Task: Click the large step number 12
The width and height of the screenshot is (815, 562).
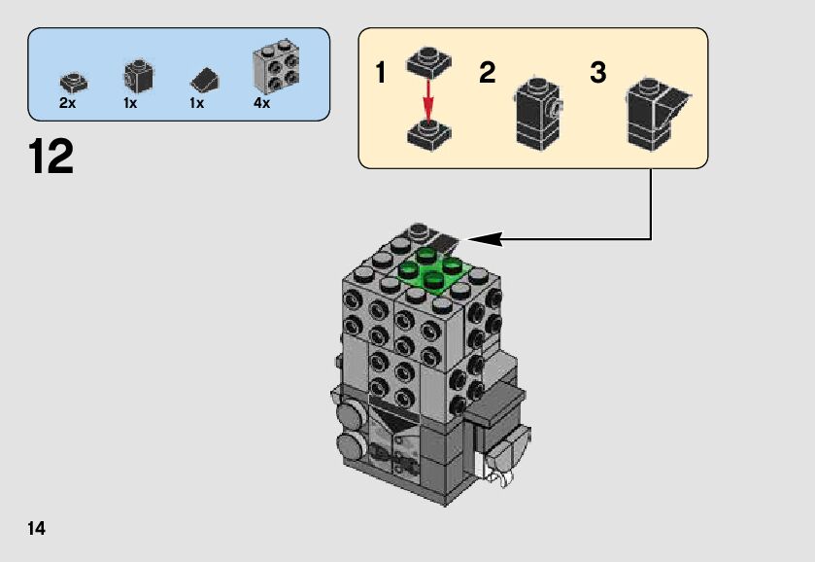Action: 51,157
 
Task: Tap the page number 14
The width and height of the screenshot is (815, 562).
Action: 36,528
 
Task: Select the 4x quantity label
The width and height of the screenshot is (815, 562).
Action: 262,103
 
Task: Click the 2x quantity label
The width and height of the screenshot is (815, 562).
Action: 68,103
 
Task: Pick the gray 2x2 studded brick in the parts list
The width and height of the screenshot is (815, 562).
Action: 276,66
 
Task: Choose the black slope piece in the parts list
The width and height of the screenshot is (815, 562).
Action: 204,80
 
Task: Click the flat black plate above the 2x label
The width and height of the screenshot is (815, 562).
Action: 74,83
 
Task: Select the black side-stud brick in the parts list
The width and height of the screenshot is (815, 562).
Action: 138,76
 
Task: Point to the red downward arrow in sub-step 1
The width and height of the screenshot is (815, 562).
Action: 428,100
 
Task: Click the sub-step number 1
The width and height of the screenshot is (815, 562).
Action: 381,72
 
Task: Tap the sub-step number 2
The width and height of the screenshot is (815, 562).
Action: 487,72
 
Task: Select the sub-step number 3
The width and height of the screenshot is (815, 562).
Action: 597,72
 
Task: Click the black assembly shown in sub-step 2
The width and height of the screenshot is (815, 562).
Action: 538,114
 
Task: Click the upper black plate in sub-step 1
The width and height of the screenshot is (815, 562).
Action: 428,63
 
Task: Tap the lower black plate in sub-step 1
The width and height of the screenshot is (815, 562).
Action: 428,135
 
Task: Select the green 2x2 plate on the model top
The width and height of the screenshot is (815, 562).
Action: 434,270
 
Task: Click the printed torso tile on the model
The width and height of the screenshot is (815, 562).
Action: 394,441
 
